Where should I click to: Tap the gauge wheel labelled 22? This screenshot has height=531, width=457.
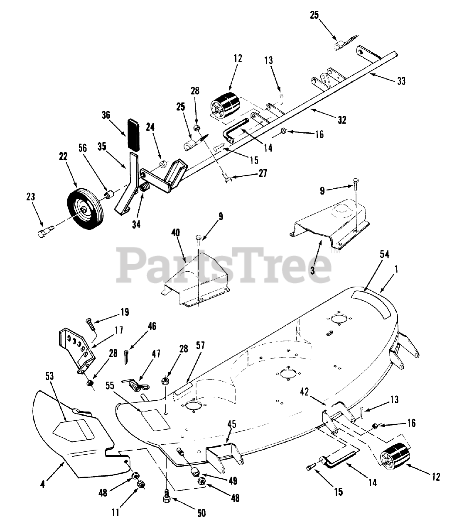(x=85, y=209)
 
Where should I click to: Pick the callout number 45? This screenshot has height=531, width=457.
(x=232, y=424)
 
